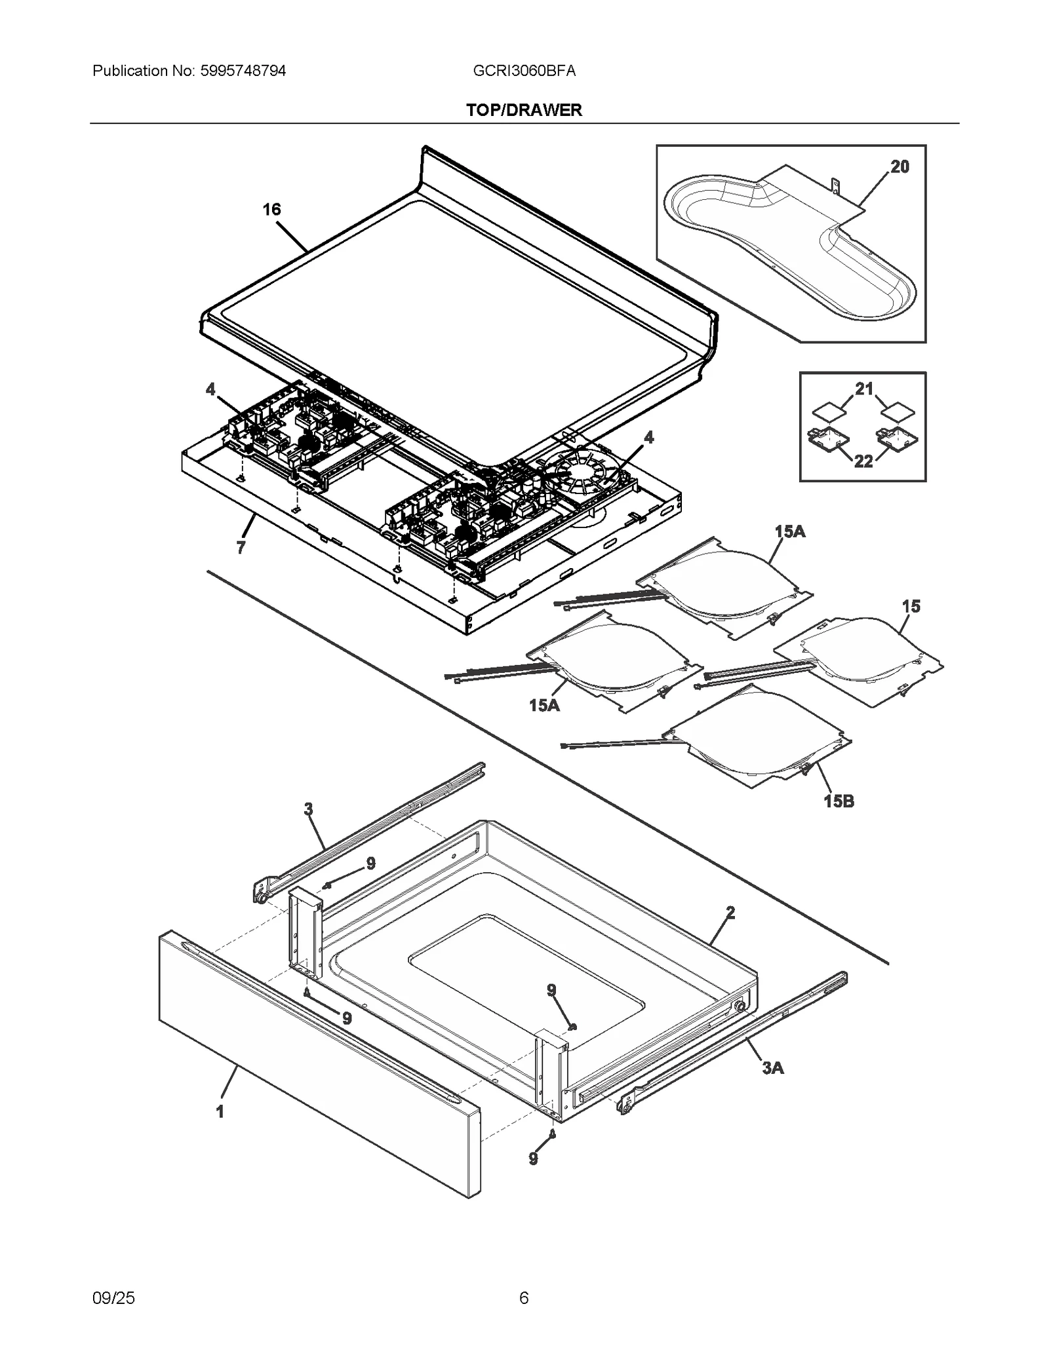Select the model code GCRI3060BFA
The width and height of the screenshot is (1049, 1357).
(524, 71)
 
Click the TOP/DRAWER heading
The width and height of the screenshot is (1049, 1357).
(524, 110)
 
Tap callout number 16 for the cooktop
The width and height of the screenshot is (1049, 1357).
(271, 210)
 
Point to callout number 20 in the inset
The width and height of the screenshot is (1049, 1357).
(900, 167)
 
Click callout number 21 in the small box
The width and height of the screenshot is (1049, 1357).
(864, 389)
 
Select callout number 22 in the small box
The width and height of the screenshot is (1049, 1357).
(863, 461)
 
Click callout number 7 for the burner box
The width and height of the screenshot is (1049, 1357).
(241, 548)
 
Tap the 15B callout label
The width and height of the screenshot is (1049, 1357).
(839, 801)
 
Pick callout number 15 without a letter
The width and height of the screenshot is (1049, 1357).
(911, 607)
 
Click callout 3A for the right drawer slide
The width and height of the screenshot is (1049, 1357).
(772, 1068)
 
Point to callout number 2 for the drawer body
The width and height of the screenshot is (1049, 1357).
(730, 913)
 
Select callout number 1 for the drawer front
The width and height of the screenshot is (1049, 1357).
(220, 1112)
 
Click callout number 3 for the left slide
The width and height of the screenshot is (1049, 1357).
(308, 809)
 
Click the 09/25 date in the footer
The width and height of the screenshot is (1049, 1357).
(113, 1298)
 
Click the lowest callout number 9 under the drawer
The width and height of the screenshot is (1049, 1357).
(533, 1159)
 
